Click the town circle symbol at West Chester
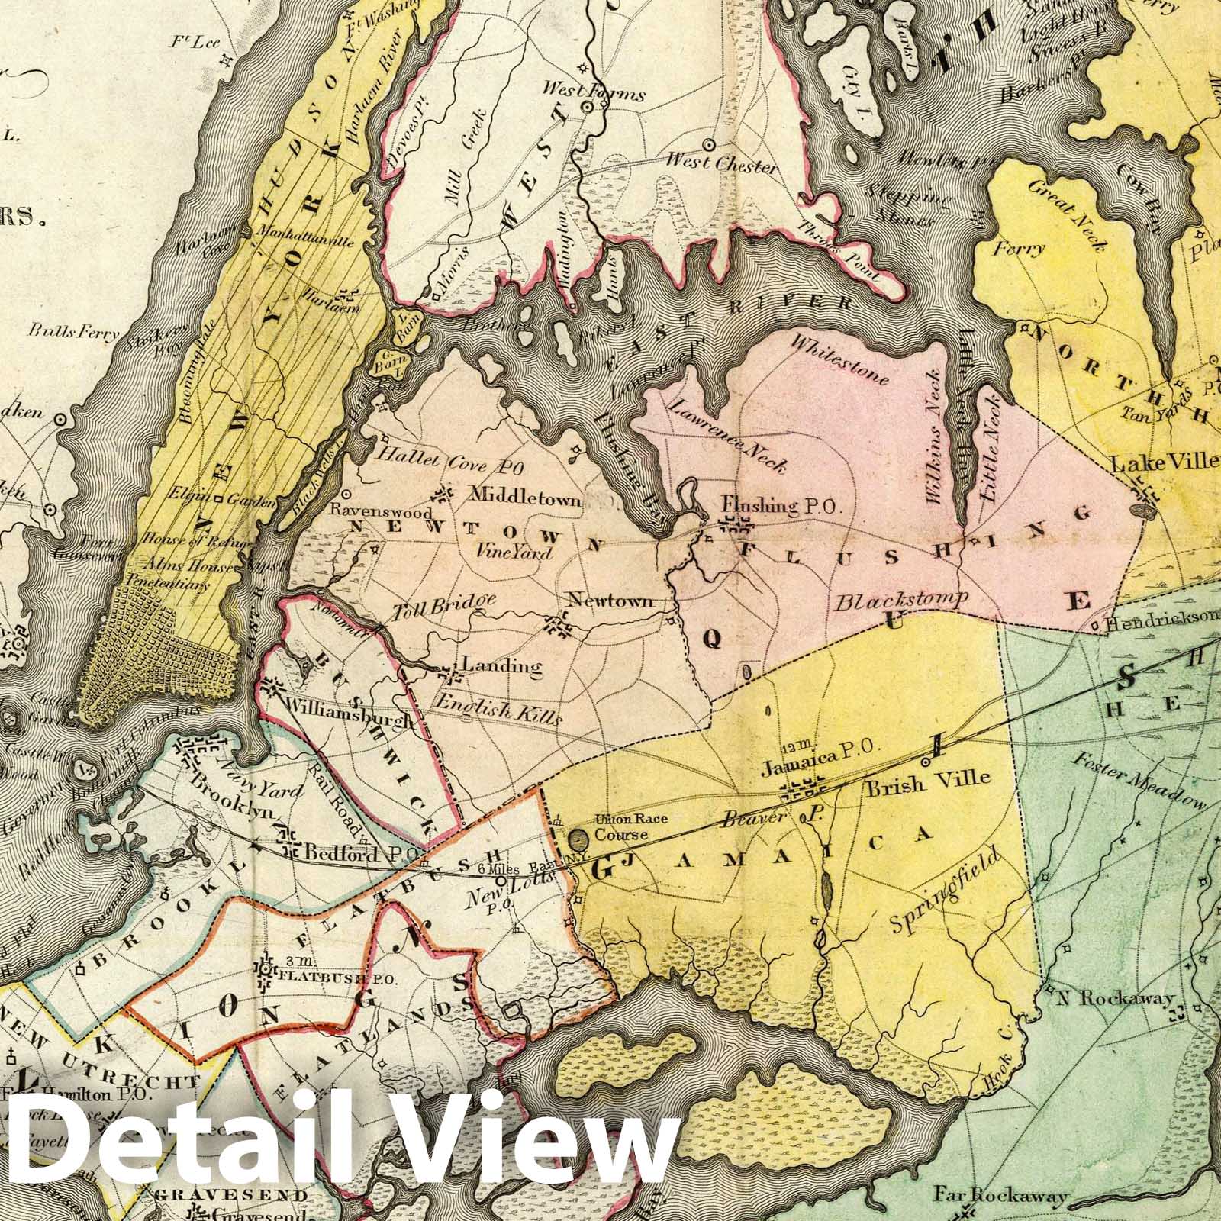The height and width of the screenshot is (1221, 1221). (x=709, y=143)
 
